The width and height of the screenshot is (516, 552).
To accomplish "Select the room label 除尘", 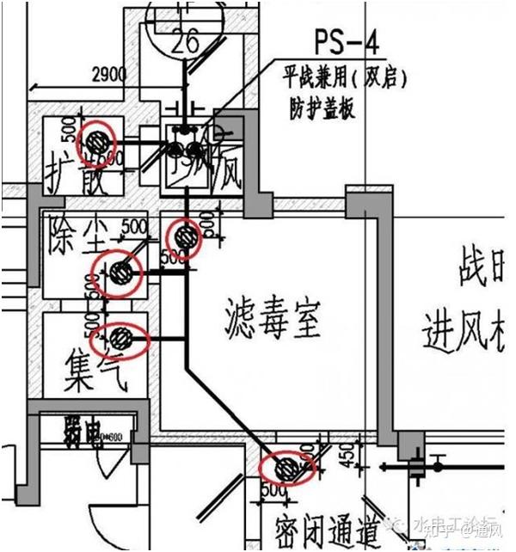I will pyautogui.click(x=77, y=233).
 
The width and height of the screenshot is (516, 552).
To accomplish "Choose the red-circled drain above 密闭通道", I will pyautogui.click(x=287, y=469).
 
